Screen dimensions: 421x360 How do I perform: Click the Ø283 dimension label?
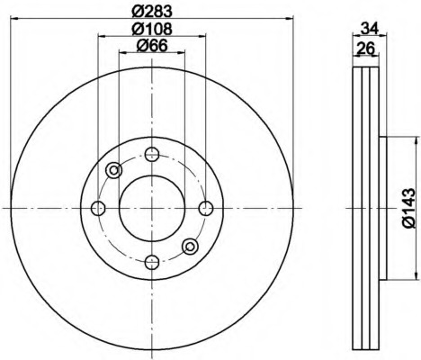click(x=152, y=12)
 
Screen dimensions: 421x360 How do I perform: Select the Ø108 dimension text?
click(x=152, y=29)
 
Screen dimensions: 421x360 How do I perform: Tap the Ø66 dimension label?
click(x=152, y=46)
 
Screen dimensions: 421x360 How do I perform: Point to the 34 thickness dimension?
click(x=370, y=29)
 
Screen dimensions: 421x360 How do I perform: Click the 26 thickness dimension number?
click(x=365, y=49)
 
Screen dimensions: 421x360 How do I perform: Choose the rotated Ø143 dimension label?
click(x=408, y=208)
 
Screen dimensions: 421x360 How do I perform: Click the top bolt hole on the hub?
click(x=152, y=154)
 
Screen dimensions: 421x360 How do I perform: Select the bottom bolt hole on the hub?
click(x=152, y=262)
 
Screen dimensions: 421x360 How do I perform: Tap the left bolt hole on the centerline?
click(x=98, y=208)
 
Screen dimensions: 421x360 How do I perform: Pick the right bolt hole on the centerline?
click(x=206, y=208)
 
